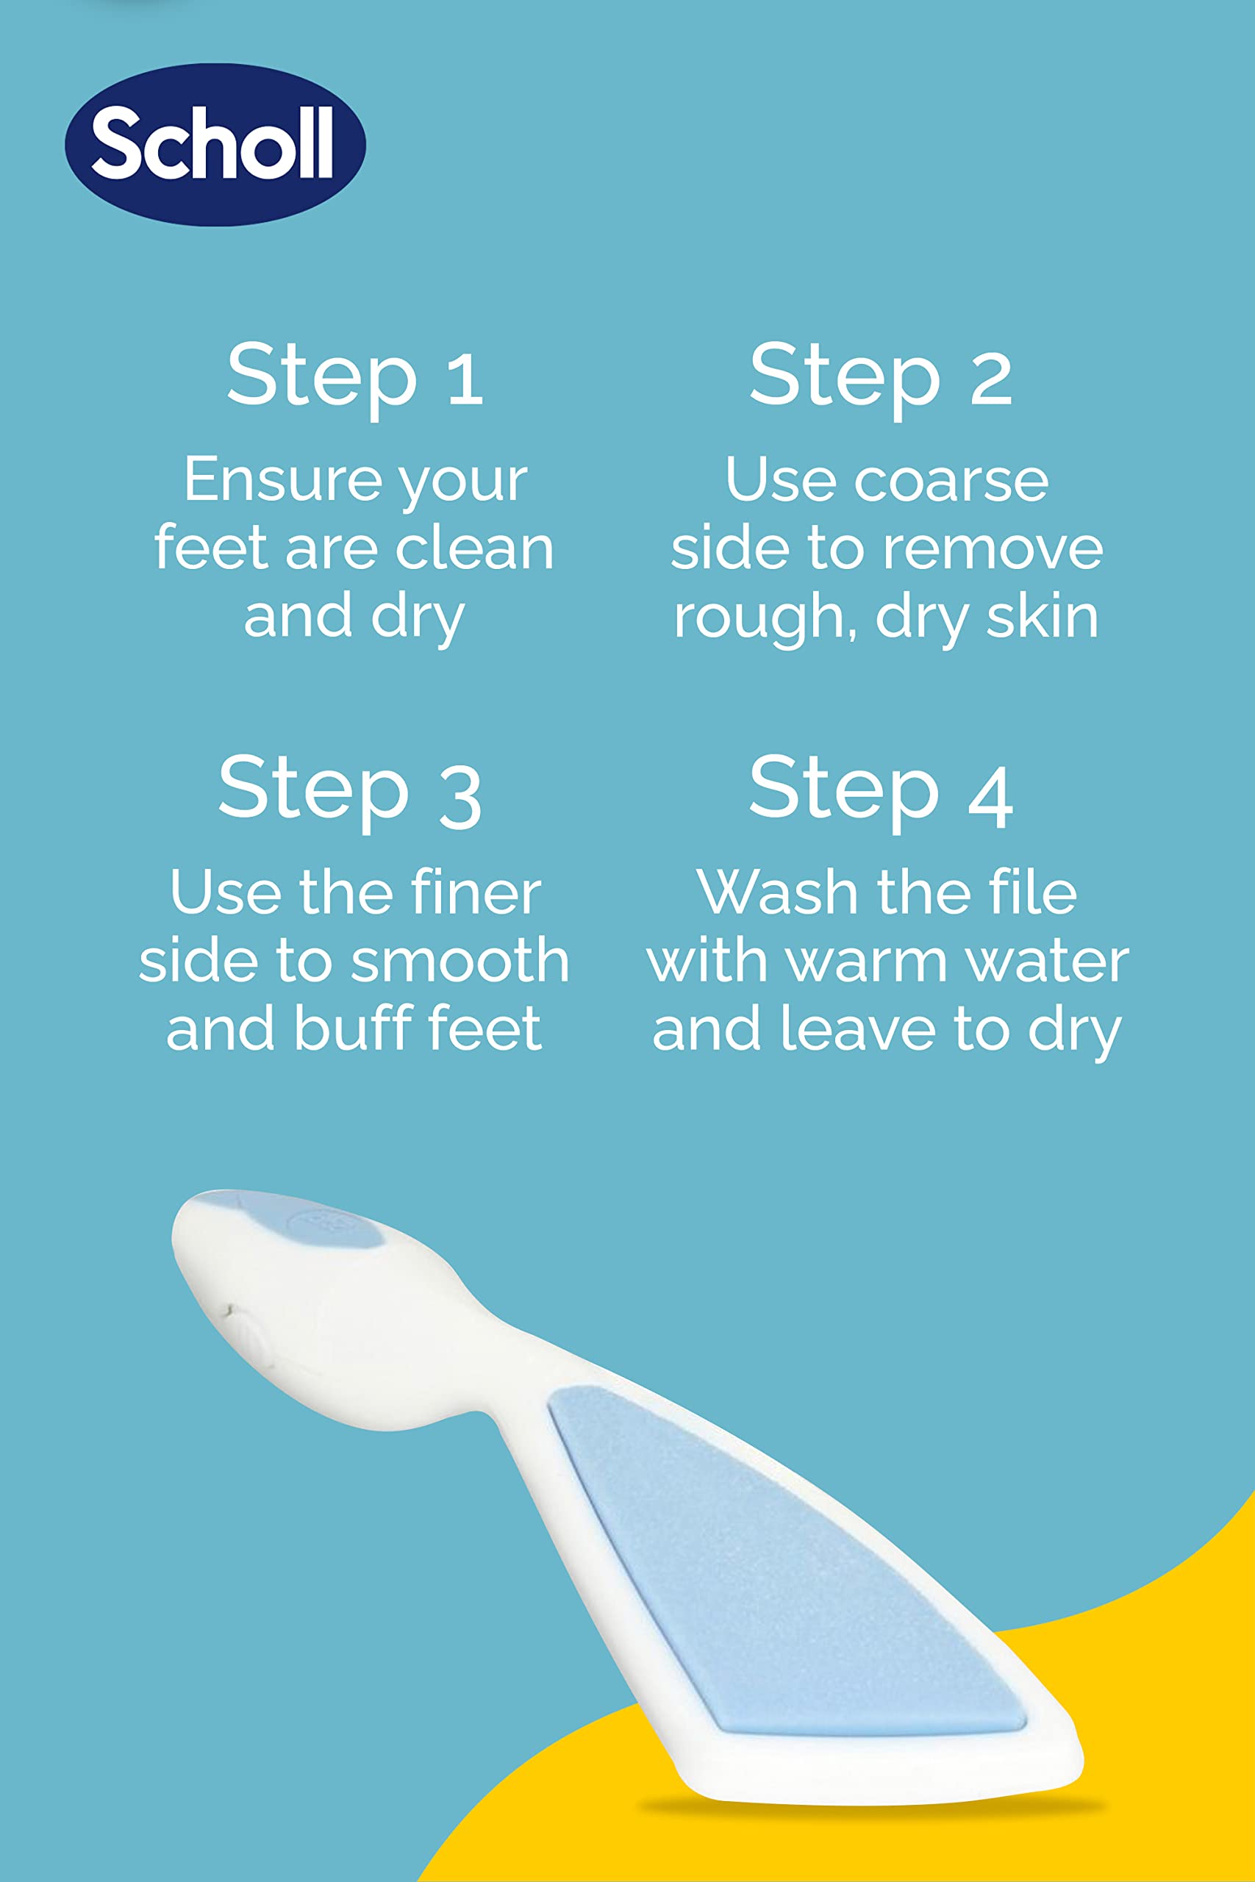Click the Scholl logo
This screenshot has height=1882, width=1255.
[215, 144]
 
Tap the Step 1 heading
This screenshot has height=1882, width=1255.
[355, 376]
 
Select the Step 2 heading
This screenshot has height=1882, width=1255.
[882, 376]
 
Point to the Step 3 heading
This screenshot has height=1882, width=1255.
[350, 790]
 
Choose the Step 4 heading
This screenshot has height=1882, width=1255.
[882, 790]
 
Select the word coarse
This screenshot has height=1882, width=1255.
[951, 481]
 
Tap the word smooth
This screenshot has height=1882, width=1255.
[460, 961]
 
